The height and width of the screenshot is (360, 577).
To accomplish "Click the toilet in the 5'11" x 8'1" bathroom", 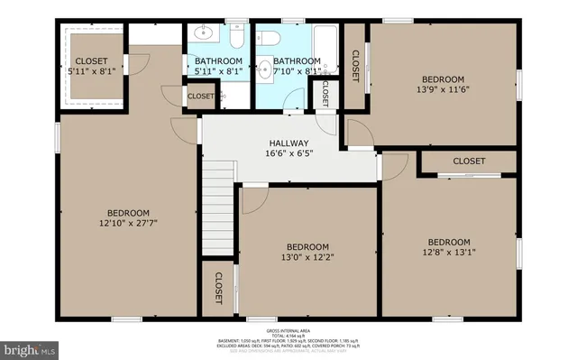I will click(x=236, y=37).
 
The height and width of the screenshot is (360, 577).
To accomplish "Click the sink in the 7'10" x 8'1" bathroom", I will click(x=264, y=68).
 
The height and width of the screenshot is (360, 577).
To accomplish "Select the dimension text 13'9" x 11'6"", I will click(x=444, y=89).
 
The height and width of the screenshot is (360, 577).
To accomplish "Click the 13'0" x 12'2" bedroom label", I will click(x=308, y=247).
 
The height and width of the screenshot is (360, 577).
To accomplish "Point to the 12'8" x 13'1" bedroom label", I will click(x=448, y=242).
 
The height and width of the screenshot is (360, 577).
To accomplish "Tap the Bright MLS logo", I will click(x=29, y=346).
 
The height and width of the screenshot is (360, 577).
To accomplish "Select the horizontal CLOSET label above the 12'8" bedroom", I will click(x=468, y=161).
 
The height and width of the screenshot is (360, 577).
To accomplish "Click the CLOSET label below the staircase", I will click(x=218, y=288).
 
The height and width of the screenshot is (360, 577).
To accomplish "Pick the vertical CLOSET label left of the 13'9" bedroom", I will click(x=355, y=66).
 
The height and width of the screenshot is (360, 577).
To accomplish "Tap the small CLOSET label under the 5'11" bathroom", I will click(x=200, y=96).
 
